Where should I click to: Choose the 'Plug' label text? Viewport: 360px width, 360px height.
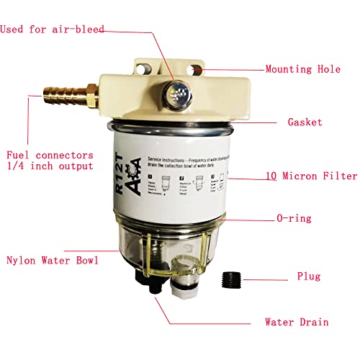[x=308, y=276]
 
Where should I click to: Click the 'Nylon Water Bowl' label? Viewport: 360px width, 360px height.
[x=51, y=259]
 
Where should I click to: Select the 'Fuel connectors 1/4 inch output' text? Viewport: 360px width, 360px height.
[x=50, y=161]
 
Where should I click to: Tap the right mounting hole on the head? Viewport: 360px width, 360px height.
[x=195, y=70]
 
